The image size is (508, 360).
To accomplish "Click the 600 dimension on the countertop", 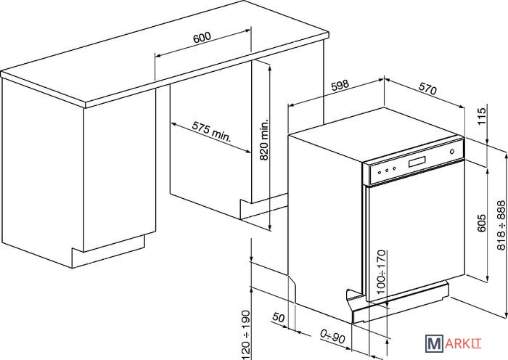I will (x=203, y=38).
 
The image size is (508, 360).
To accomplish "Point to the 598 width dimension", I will (x=340, y=85).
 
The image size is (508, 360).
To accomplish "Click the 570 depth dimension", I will (x=428, y=91).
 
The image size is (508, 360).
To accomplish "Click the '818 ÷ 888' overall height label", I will (x=499, y=224).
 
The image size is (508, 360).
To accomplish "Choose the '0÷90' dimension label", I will (x=332, y=335).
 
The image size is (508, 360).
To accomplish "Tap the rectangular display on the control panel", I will (x=419, y=163).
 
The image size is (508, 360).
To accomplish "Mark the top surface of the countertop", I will (x=167, y=58).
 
